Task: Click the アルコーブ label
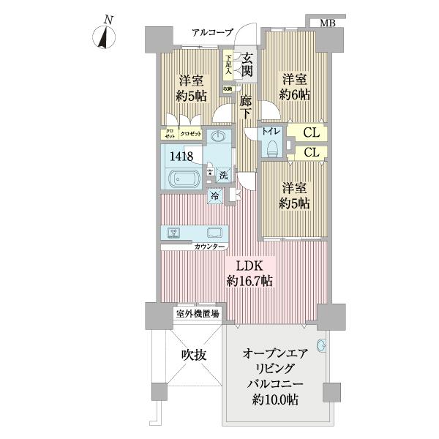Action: point(212,33)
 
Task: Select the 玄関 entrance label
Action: point(248,64)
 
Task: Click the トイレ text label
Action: point(271,132)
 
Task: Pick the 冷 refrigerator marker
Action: point(215,196)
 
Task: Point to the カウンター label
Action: point(210,247)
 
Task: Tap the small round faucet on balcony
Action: point(321,345)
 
